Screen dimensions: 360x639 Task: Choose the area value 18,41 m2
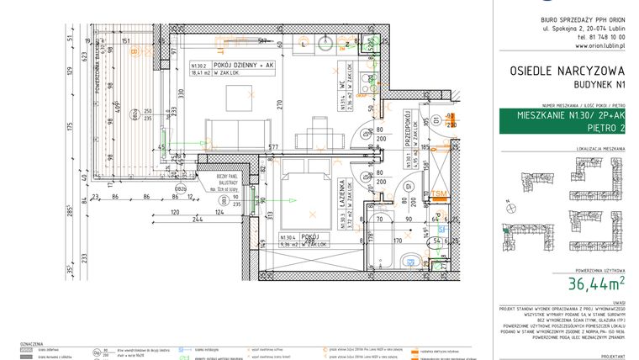coord(202,73)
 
